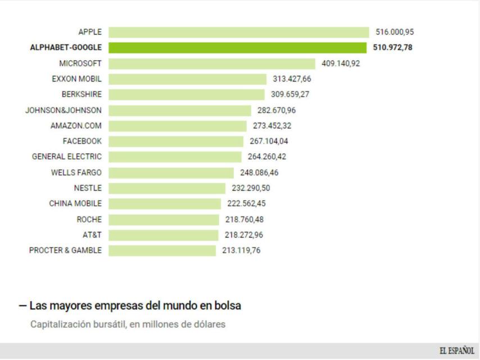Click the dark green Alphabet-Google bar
237,48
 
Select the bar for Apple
239,32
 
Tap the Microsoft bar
212,64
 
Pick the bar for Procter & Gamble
162,250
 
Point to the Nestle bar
167,188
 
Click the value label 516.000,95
395,32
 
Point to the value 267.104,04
269,141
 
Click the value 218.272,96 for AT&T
243,235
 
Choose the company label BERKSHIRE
81,94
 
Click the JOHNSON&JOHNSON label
64,110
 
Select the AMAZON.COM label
76,125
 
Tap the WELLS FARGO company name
76,172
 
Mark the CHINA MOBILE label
75,204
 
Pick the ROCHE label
89,219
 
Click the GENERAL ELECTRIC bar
175,156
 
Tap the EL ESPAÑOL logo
456,351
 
